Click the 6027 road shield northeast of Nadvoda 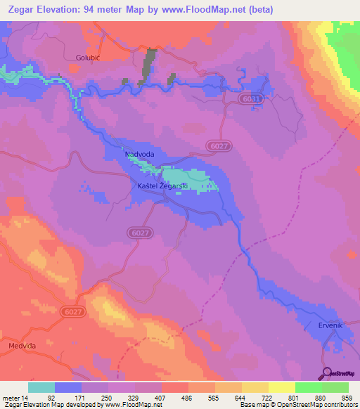219,145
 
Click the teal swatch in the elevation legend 41,387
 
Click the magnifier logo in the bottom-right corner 326,372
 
